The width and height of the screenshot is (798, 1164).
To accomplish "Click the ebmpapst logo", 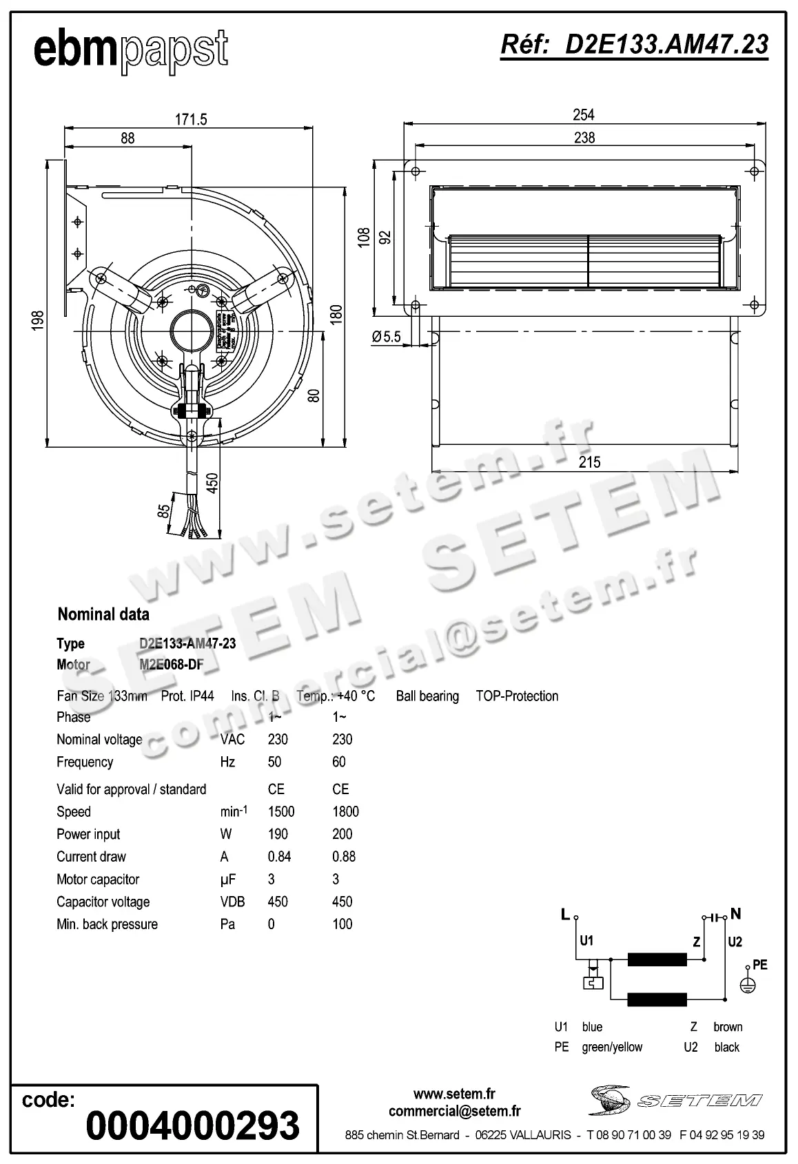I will tap(131, 50).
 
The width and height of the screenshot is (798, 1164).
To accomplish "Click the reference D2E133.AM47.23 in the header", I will tap(634, 44).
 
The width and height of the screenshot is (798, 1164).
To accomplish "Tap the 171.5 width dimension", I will tap(191, 119).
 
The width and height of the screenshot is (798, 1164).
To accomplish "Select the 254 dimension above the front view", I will tap(583, 114).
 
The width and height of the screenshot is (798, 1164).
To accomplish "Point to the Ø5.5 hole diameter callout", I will tap(386, 337).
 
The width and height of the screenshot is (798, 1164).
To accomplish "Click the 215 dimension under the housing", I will tap(589, 462).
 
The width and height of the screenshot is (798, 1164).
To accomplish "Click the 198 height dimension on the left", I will tap(37, 322).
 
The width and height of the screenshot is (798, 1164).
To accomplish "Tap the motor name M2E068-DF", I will tap(172, 665).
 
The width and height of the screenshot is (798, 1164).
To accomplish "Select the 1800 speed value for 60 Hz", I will tap(345, 811).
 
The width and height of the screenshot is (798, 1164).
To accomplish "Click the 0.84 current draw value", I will tap(279, 857).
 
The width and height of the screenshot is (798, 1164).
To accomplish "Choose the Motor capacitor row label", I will tap(98, 880).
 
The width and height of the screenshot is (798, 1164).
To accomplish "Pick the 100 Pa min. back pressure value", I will tap(342, 924).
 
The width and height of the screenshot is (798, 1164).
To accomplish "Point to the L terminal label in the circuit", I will tap(565, 915).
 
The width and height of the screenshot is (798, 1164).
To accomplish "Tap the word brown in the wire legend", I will tap(728, 1027).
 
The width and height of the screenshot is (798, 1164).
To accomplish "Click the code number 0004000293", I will tap(193, 1125).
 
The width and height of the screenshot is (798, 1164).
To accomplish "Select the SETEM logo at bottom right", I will tap(675, 1100).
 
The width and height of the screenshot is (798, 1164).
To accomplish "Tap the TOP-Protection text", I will tap(517, 696).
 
